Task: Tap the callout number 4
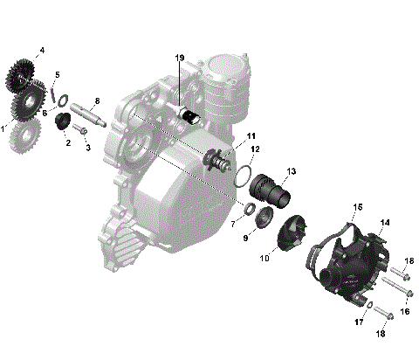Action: point(41,50)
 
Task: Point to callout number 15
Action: point(357,208)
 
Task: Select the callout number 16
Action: point(404,310)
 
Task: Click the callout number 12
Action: point(256,150)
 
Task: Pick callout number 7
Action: point(233,224)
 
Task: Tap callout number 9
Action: point(245,238)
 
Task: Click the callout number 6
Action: point(44,113)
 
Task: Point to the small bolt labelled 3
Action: point(80,131)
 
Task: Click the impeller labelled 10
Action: point(286,236)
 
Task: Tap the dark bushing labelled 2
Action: point(64,121)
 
